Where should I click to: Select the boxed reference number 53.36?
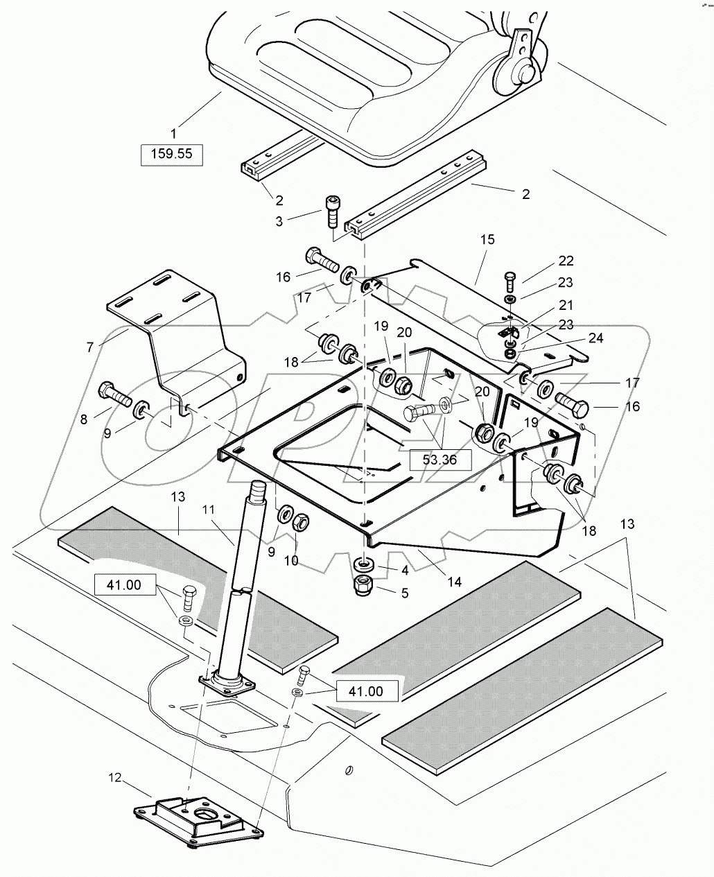coord(439,458)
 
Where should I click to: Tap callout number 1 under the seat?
coord(173,132)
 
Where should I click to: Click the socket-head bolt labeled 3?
coord(331,209)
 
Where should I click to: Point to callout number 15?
coord(487,240)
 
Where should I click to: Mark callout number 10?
coord(291,560)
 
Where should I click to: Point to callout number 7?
coord(90,347)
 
